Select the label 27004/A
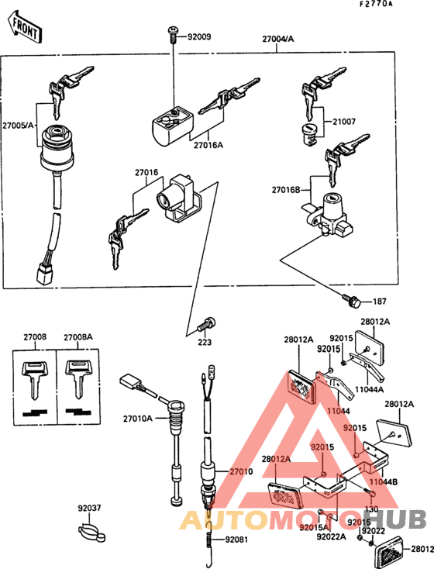point(277,38)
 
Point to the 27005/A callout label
point(18,124)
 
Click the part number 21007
point(343,122)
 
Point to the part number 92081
point(238,540)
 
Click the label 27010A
point(136,419)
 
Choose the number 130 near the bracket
point(371,509)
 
